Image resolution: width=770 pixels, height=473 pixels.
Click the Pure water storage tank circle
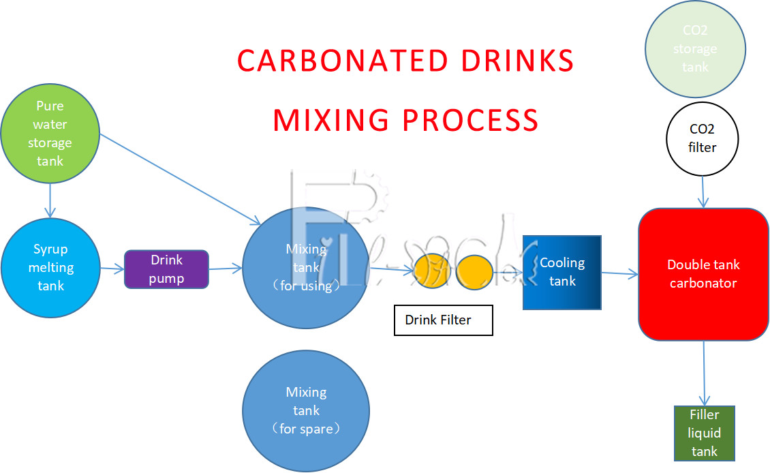coord(50,134)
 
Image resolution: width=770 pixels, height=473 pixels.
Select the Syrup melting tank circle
coord(50,267)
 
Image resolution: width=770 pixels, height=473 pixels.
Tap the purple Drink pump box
coord(166,269)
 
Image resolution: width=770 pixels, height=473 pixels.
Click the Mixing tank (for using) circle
coord(306,268)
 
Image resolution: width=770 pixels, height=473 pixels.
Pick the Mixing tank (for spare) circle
coord(306,410)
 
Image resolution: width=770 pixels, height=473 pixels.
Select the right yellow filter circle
coord(474,269)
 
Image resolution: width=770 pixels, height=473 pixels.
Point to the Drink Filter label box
coord(443,320)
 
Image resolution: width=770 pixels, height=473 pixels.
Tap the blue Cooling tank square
coord(561,272)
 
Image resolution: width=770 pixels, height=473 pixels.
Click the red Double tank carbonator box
coord(703,274)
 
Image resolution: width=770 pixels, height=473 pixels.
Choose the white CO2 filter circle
coord(703,137)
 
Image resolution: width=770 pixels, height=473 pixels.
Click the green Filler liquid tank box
coord(704,433)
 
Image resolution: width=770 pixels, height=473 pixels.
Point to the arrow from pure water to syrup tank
coord(50,200)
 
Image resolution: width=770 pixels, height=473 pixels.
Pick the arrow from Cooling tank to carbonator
coord(619,274)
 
